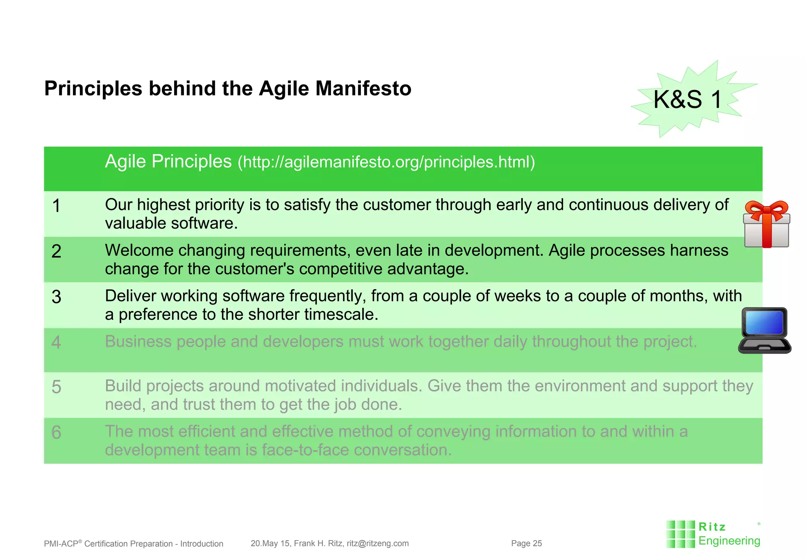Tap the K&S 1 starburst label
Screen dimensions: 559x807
tap(688, 99)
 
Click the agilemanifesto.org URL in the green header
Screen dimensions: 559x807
tap(386, 162)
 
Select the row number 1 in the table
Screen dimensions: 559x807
tap(56, 206)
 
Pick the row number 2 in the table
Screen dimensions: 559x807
tap(56, 252)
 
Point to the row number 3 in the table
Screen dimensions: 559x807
tap(56, 297)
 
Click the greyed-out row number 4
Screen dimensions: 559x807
tap(56, 342)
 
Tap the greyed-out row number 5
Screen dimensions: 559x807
tap(56, 387)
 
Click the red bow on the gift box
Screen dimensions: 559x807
tap(766, 209)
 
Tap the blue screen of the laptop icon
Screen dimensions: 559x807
tap(764, 323)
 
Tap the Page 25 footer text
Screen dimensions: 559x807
tap(526, 544)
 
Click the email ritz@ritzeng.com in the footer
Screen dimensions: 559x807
tap(377, 544)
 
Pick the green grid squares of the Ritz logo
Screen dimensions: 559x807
tap(680, 535)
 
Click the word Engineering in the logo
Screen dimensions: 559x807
tap(729, 541)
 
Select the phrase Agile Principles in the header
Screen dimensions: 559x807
tap(168, 162)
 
